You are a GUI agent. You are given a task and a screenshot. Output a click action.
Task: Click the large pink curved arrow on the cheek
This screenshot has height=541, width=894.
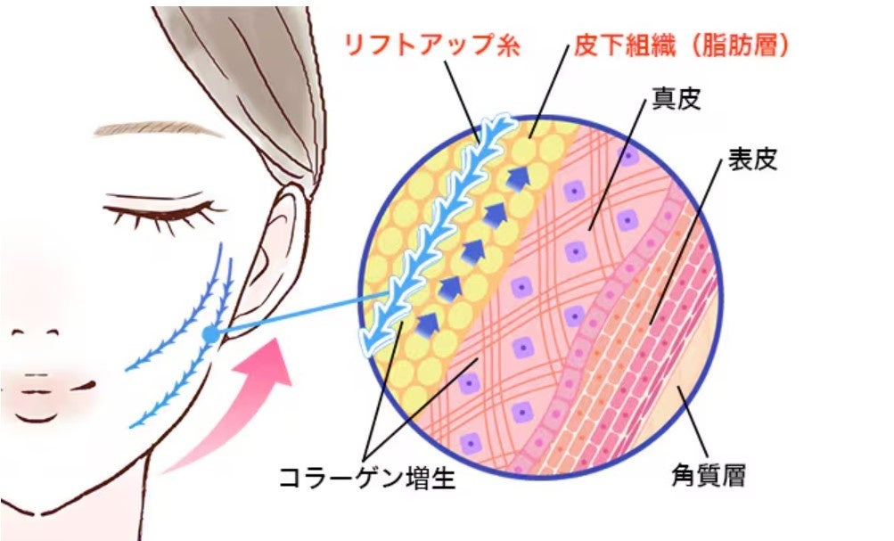pos(241,401)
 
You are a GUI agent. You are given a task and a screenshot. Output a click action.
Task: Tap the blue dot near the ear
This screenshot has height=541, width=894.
pos(210,334)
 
